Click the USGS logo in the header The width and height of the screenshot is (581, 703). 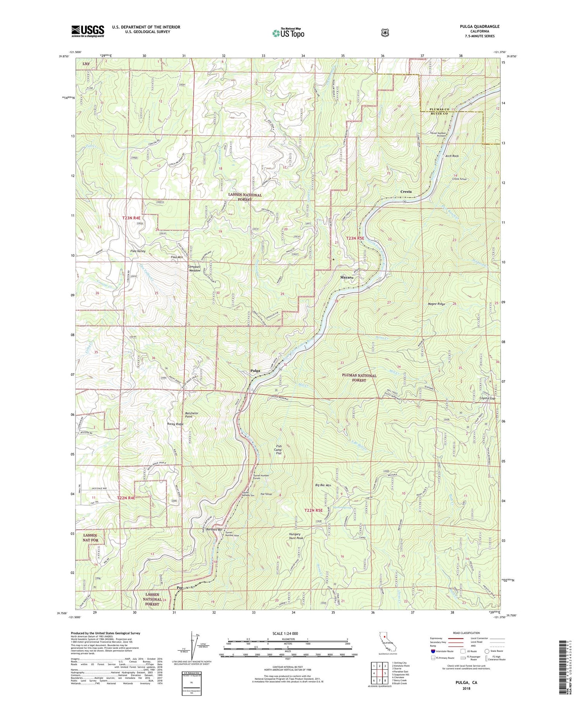tap(88, 31)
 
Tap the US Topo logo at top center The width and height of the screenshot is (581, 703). tap(288, 33)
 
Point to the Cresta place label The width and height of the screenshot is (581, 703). tap(406, 192)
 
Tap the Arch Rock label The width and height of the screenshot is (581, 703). tap(452, 156)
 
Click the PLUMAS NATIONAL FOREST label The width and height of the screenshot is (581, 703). tap(359, 378)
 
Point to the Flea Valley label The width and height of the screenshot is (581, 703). tap(138, 251)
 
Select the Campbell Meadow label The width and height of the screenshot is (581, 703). tap(194, 268)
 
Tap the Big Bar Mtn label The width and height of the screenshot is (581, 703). tap(323, 485)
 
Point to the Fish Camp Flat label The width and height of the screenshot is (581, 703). tap(278, 450)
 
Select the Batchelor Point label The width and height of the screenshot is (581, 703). tap(191, 415)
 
